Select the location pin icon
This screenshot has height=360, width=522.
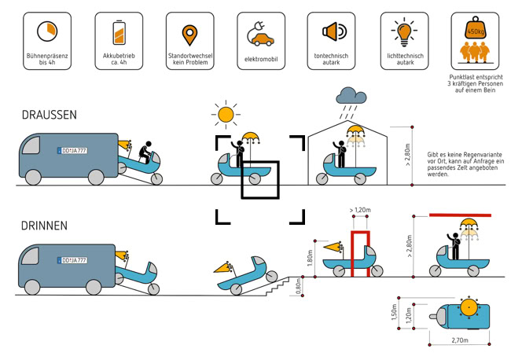point(189,34)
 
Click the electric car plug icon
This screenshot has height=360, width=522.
point(260,34)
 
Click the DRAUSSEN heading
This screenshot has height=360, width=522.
point(50,115)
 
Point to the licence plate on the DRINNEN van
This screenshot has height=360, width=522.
point(70,259)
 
